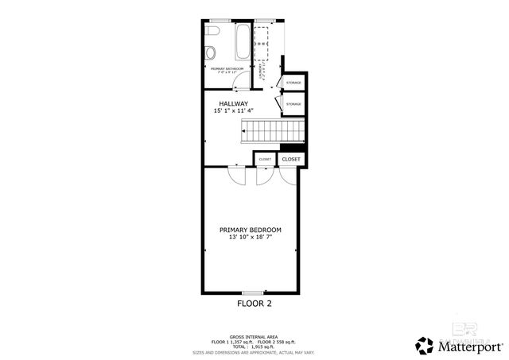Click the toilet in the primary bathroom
click(x=212, y=31)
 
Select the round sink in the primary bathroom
click(x=210, y=53)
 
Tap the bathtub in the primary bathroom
click(x=242, y=42)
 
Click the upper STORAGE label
click(x=293, y=82)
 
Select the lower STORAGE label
click(x=293, y=104)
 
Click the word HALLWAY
click(x=234, y=103)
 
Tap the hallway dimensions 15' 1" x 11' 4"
click(x=234, y=111)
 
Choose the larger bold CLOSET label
click(x=291, y=159)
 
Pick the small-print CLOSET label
click(x=265, y=160)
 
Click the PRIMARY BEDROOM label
click(x=251, y=230)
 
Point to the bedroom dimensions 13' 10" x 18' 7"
click(x=251, y=238)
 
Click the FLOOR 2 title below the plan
click(x=254, y=304)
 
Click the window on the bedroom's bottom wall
click(x=253, y=293)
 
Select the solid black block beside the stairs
click(x=293, y=147)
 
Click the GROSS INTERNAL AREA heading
click(x=253, y=336)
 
